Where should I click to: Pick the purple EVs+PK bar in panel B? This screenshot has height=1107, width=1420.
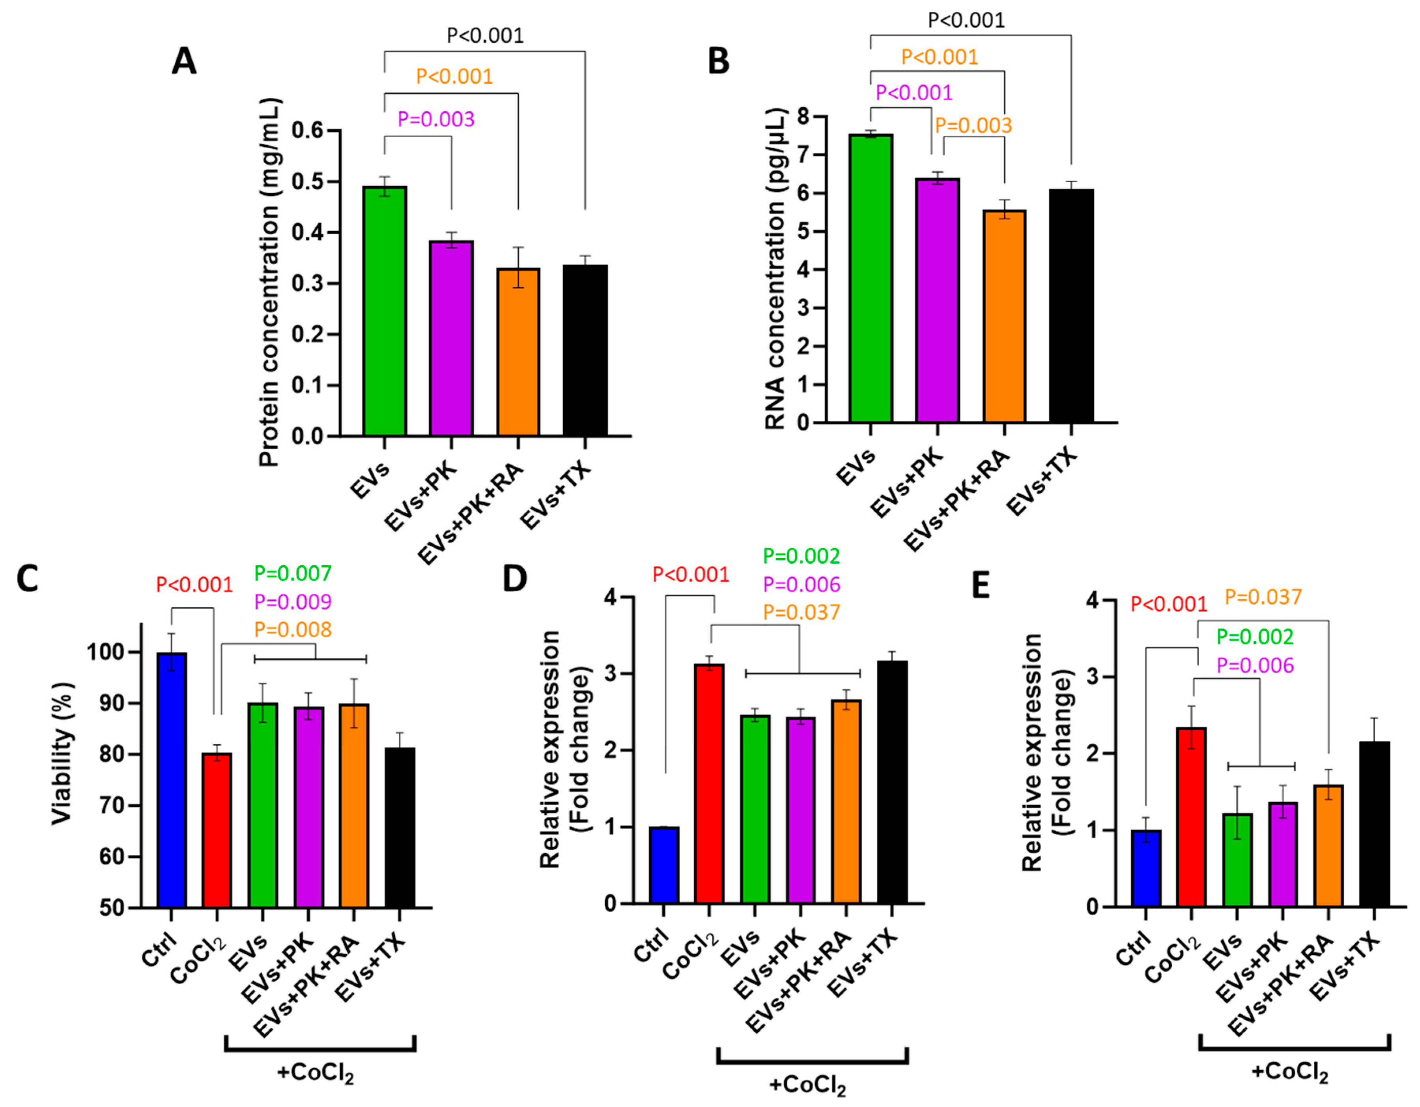[x=938, y=301]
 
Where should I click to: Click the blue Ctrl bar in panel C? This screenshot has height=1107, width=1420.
[x=171, y=780]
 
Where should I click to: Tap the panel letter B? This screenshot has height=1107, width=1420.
[x=718, y=62]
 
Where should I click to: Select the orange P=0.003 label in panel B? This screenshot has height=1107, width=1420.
[x=973, y=125]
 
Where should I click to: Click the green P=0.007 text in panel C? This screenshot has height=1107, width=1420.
[x=293, y=573]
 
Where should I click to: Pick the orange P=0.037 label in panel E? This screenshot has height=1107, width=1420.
[x=1263, y=597]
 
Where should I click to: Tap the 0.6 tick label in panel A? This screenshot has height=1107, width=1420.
[x=307, y=131]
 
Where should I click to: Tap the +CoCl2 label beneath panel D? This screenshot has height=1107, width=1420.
[x=807, y=1086]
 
